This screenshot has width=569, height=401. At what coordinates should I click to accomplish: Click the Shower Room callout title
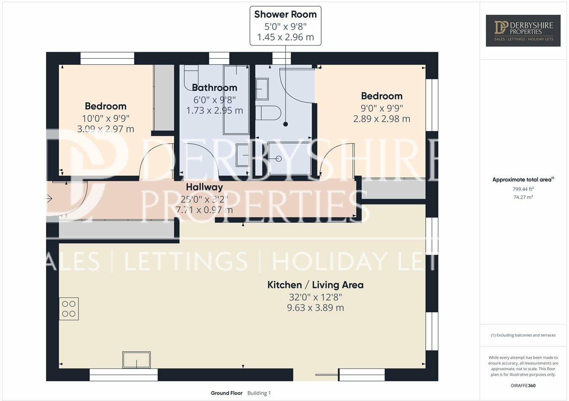coord(285,14)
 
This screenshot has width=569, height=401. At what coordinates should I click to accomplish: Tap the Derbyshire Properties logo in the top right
coord(523,30)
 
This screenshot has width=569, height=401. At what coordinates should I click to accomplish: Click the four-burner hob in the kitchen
coord(69,309)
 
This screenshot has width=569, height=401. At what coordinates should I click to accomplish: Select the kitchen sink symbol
coord(136,360)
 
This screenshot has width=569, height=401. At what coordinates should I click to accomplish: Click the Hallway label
coord(204,187)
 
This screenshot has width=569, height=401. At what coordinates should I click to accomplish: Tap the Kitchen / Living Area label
coord(315,285)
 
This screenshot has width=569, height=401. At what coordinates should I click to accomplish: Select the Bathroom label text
coord(215,88)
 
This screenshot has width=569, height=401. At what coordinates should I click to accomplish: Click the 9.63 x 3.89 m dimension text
coord(315,308)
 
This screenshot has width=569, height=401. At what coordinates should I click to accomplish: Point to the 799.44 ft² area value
coord(523,189)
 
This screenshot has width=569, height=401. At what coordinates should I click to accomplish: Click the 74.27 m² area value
coord(523,197)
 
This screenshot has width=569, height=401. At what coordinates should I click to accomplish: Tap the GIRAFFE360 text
coord(523,385)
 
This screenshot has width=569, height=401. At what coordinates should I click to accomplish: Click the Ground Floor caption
coord(226,393)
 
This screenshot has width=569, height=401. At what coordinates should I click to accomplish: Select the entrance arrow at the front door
coord(49,198)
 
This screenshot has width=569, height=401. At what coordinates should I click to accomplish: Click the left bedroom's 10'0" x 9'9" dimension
coord(105,118)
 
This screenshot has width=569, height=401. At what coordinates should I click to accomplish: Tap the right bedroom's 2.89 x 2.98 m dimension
coord(381,119)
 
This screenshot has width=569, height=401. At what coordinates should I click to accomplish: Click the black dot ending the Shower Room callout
coord(285,124)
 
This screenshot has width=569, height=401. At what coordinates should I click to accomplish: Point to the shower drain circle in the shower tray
coord(278,159)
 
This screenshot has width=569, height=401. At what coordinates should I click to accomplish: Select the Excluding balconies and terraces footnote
coord(523,335)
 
